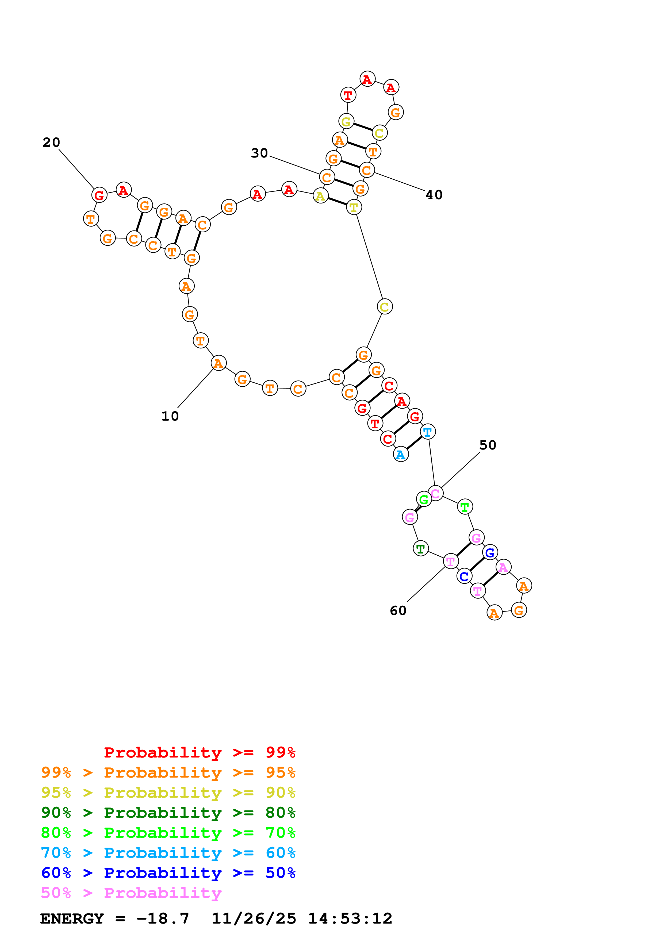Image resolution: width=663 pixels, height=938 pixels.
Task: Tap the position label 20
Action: click(51, 143)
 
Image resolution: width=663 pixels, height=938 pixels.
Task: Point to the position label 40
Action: click(434, 195)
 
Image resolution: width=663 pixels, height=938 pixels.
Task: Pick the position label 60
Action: click(398, 611)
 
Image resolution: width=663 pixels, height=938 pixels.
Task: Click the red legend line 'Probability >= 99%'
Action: click(199, 752)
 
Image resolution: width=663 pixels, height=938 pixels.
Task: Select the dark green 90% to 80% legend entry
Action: click(168, 813)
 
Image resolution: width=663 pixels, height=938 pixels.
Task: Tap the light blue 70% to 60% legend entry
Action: click(168, 853)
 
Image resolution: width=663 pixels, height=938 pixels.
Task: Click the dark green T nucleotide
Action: click(420, 549)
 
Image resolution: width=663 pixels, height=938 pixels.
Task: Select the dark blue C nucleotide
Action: click(464, 576)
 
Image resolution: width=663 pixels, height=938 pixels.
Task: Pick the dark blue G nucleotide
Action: click(490, 553)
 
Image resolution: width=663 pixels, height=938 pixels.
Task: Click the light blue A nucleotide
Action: click(401, 454)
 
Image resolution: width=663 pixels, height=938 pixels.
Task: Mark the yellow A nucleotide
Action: click(320, 196)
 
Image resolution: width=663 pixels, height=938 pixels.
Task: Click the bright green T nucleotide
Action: click(465, 507)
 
